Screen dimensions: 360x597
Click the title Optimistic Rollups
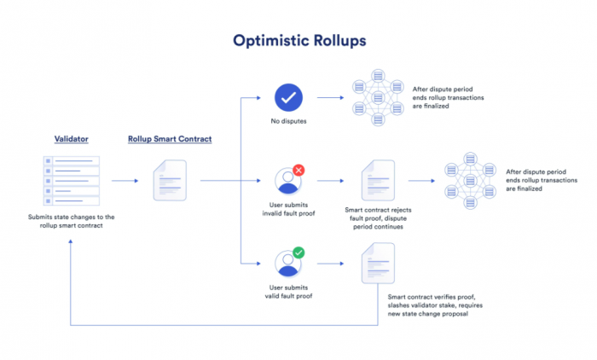click(x=298, y=40)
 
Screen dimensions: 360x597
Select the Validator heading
click(x=72, y=138)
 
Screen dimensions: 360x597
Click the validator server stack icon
click(x=72, y=180)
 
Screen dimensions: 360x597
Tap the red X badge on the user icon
click(x=298, y=171)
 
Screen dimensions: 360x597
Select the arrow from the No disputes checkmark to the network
click(x=329, y=98)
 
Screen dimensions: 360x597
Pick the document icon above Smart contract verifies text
click(x=378, y=264)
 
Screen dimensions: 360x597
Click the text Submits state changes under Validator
click(x=72, y=221)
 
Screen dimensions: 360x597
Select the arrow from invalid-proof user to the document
click(x=328, y=181)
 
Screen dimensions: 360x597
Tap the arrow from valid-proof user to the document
click(x=328, y=264)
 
